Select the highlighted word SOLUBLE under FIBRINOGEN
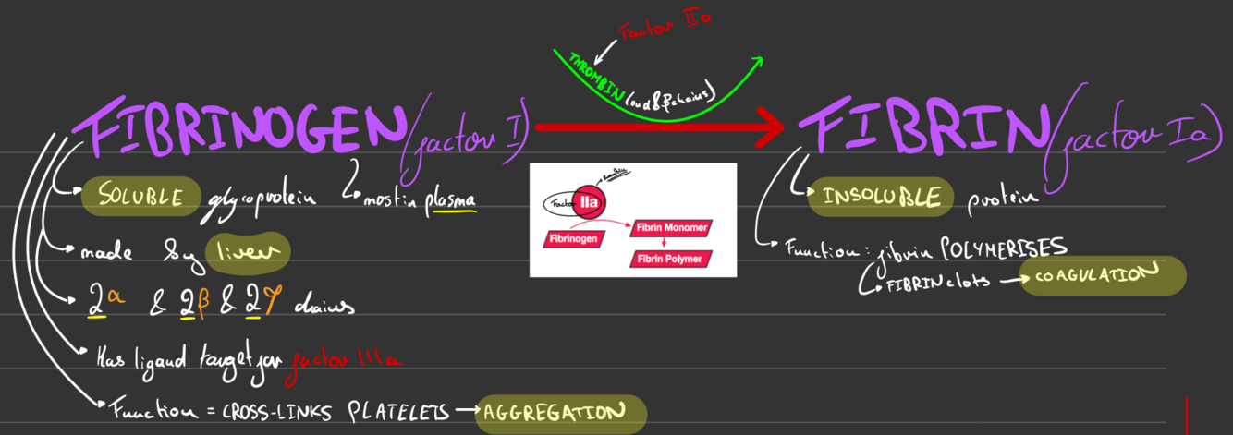(x=140, y=195)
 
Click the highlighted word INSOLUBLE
(x=881, y=197)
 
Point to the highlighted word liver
(x=248, y=251)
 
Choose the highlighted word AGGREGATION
(x=559, y=413)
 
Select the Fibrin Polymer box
(x=667, y=259)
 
